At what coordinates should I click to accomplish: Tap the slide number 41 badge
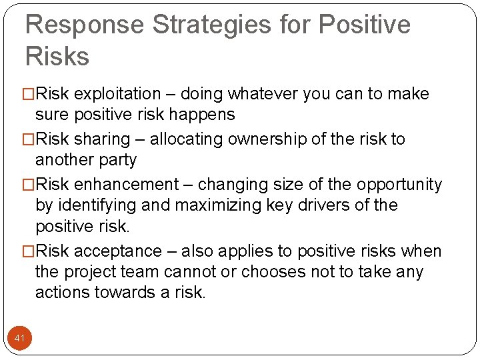tap(19, 339)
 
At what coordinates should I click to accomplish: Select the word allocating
tap(188, 139)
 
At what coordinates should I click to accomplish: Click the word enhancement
tap(127, 185)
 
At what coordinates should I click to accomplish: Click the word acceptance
tap(118, 251)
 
